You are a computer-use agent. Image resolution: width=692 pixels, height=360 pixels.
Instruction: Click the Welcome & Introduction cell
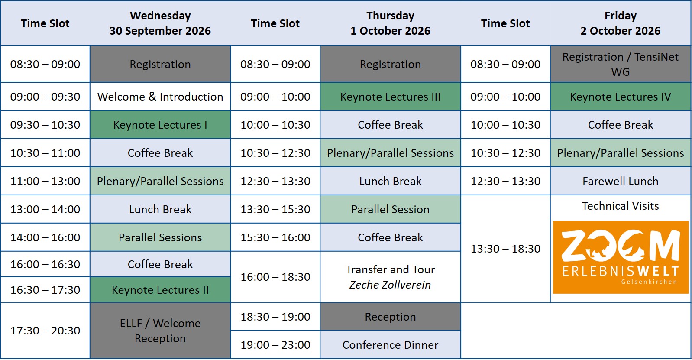(x=160, y=97)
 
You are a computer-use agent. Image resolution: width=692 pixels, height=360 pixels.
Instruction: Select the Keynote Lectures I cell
(x=160, y=125)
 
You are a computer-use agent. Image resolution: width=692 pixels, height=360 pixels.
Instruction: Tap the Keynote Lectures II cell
(x=160, y=290)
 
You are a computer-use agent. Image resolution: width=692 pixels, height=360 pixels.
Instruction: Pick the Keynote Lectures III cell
(x=390, y=97)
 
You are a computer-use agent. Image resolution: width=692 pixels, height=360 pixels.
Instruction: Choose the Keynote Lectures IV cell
(x=620, y=97)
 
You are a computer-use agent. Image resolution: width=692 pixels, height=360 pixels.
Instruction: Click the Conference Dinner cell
(x=390, y=345)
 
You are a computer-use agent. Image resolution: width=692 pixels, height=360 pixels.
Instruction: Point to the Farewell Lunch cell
(x=620, y=181)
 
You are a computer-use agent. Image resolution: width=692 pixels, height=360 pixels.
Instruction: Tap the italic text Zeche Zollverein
(x=390, y=285)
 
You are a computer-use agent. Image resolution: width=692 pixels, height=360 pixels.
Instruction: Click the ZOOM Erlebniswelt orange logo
(x=620, y=257)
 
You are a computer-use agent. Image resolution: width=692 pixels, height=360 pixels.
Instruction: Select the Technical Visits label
(x=620, y=206)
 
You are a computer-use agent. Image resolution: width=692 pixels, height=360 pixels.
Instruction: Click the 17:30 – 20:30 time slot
(x=45, y=331)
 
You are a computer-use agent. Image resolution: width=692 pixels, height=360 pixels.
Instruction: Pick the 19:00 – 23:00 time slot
(x=275, y=345)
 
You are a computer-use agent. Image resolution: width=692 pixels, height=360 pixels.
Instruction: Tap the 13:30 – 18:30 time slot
(x=505, y=249)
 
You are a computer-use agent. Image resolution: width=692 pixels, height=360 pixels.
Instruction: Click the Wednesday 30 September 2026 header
(x=160, y=23)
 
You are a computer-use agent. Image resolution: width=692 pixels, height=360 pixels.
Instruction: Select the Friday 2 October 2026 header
(x=620, y=23)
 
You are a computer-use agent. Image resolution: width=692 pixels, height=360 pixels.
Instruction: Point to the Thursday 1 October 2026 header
(x=390, y=23)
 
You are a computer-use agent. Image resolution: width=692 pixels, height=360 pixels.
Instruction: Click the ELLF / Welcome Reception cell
(x=160, y=331)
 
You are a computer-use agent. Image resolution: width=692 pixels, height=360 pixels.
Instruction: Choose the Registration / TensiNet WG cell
(x=620, y=64)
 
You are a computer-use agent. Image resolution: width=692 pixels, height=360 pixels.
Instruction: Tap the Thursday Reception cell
(x=390, y=317)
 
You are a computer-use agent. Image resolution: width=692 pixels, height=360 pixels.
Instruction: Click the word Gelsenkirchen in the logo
(x=649, y=282)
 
